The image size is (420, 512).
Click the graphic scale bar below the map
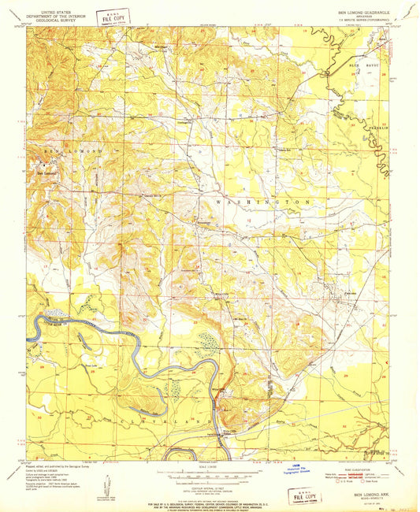coord(210,477)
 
